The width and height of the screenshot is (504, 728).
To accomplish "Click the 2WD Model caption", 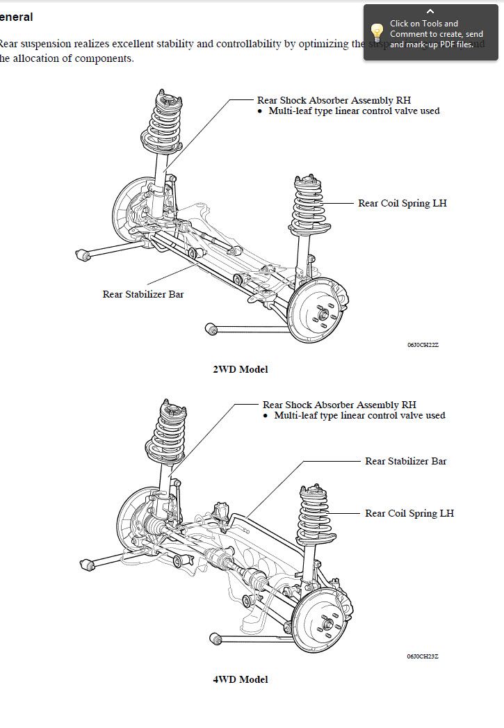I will tap(240, 369).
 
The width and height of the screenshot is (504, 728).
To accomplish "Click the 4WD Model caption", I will tap(240, 679).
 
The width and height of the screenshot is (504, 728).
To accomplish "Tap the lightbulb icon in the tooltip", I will tap(377, 33).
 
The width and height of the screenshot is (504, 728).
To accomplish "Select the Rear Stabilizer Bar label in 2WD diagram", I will tap(143, 294).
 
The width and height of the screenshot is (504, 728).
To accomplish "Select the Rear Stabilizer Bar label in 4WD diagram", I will tap(405, 461).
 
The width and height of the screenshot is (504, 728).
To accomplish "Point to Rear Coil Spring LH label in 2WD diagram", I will tap(402, 203).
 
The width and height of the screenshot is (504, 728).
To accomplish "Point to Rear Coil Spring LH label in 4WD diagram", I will tap(409, 513).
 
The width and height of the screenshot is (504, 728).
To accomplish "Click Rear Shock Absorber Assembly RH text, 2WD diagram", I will tap(339, 100).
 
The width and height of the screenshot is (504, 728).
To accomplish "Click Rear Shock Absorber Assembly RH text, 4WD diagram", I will tap(339, 405).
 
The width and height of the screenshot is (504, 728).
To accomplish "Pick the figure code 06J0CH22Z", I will tap(423, 345).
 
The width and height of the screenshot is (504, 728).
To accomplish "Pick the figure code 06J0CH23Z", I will tap(423, 656).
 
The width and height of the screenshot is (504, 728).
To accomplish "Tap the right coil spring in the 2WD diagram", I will tap(308, 205).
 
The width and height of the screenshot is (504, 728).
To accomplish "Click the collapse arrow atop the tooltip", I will tap(430, 11).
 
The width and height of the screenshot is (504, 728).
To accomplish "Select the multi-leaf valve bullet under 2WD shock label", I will tap(354, 111).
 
